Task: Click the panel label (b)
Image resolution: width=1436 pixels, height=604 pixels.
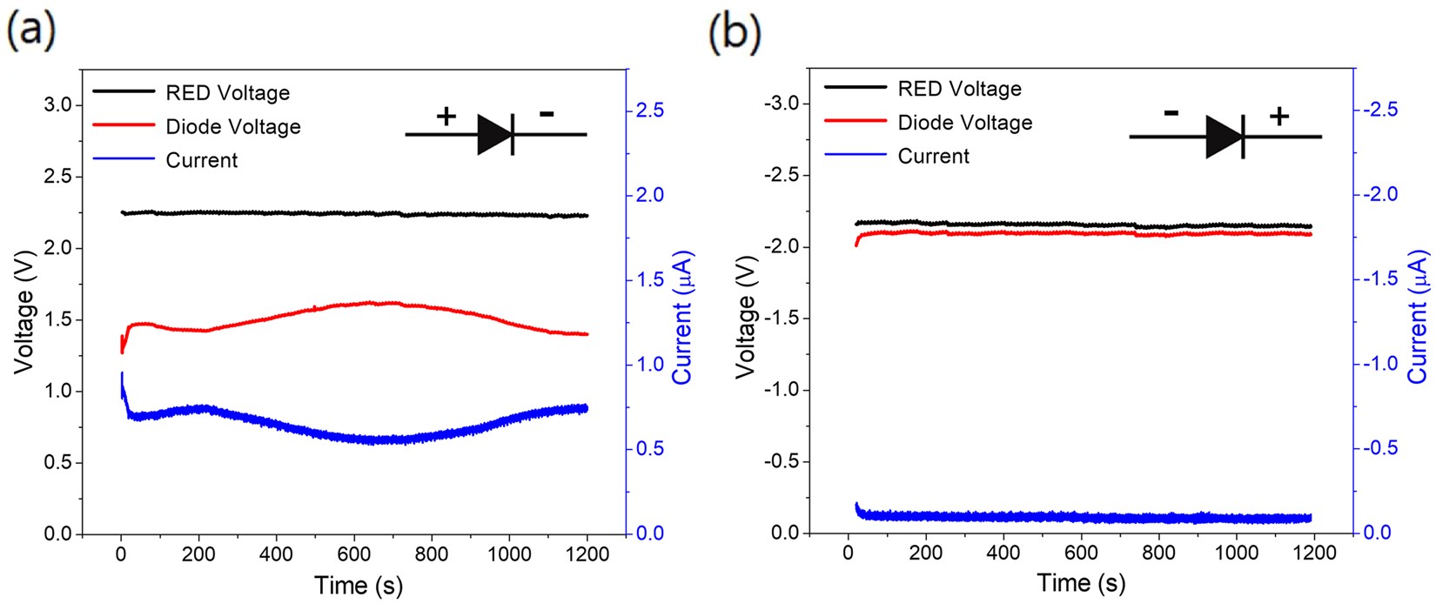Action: tap(735, 32)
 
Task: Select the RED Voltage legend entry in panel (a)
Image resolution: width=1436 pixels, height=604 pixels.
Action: tap(227, 92)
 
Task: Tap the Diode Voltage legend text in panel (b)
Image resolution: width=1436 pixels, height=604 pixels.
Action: tap(964, 123)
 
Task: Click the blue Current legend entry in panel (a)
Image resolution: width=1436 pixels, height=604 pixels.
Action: tap(201, 160)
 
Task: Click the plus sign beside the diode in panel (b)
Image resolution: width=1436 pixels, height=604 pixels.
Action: tap(1278, 116)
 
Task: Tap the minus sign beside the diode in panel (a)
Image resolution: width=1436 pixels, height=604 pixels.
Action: tap(547, 113)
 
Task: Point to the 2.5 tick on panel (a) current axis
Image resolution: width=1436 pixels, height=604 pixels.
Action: tap(649, 111)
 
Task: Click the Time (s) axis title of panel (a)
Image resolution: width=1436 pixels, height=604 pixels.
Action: tap(359, 586)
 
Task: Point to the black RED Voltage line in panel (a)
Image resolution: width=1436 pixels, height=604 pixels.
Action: tap(348, 212)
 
